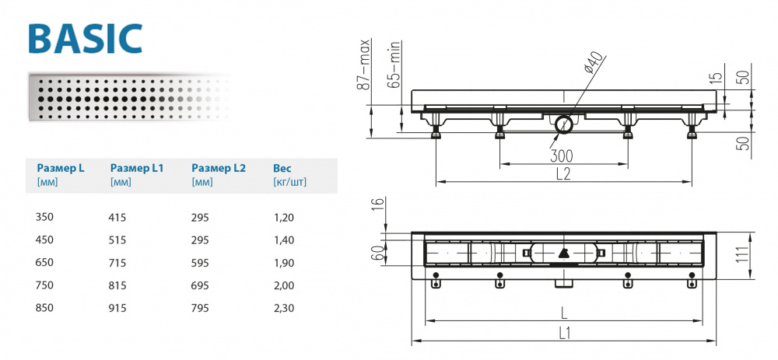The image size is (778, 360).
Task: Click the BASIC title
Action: point(85,37)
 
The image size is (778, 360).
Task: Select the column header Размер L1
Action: point(136,168)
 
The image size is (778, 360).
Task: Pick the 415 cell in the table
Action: point(117,218)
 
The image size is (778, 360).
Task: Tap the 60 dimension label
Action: point(376,253)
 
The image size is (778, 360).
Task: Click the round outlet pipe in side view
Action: point(562,124)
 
